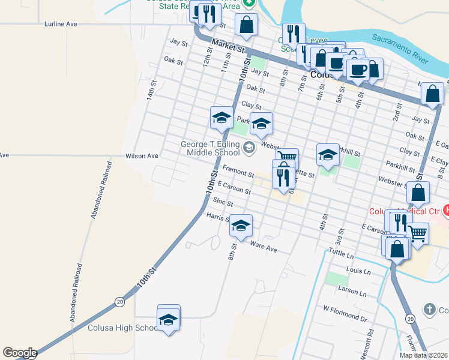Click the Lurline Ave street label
(x=61, y=24)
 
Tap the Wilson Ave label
(x=142, y=156)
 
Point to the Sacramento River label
(x=399, y=49)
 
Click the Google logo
(x=19, y=353)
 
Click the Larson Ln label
(x=352, y=292)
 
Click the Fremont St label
(x=239, y=172)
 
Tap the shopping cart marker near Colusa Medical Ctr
(x=418, y=233)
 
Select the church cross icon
(x=429, y=310)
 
